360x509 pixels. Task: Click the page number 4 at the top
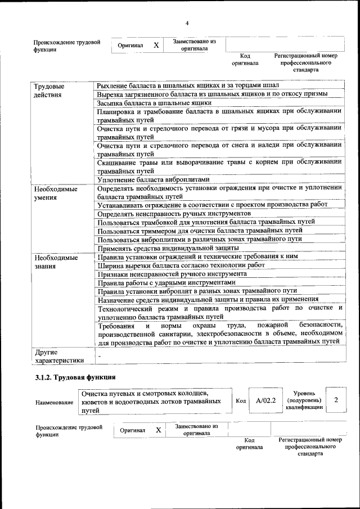(187, 22)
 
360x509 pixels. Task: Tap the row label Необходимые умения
(55, 193)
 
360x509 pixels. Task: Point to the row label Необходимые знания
(55, 262)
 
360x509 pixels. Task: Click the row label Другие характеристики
(58, 357)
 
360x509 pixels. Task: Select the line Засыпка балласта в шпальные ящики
(154, 103)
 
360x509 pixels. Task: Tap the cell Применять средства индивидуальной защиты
(168, 248)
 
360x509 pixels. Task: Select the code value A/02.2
(265, 400)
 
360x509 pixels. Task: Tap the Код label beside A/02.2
(240, 401)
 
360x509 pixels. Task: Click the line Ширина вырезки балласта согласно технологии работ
(181, 265)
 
